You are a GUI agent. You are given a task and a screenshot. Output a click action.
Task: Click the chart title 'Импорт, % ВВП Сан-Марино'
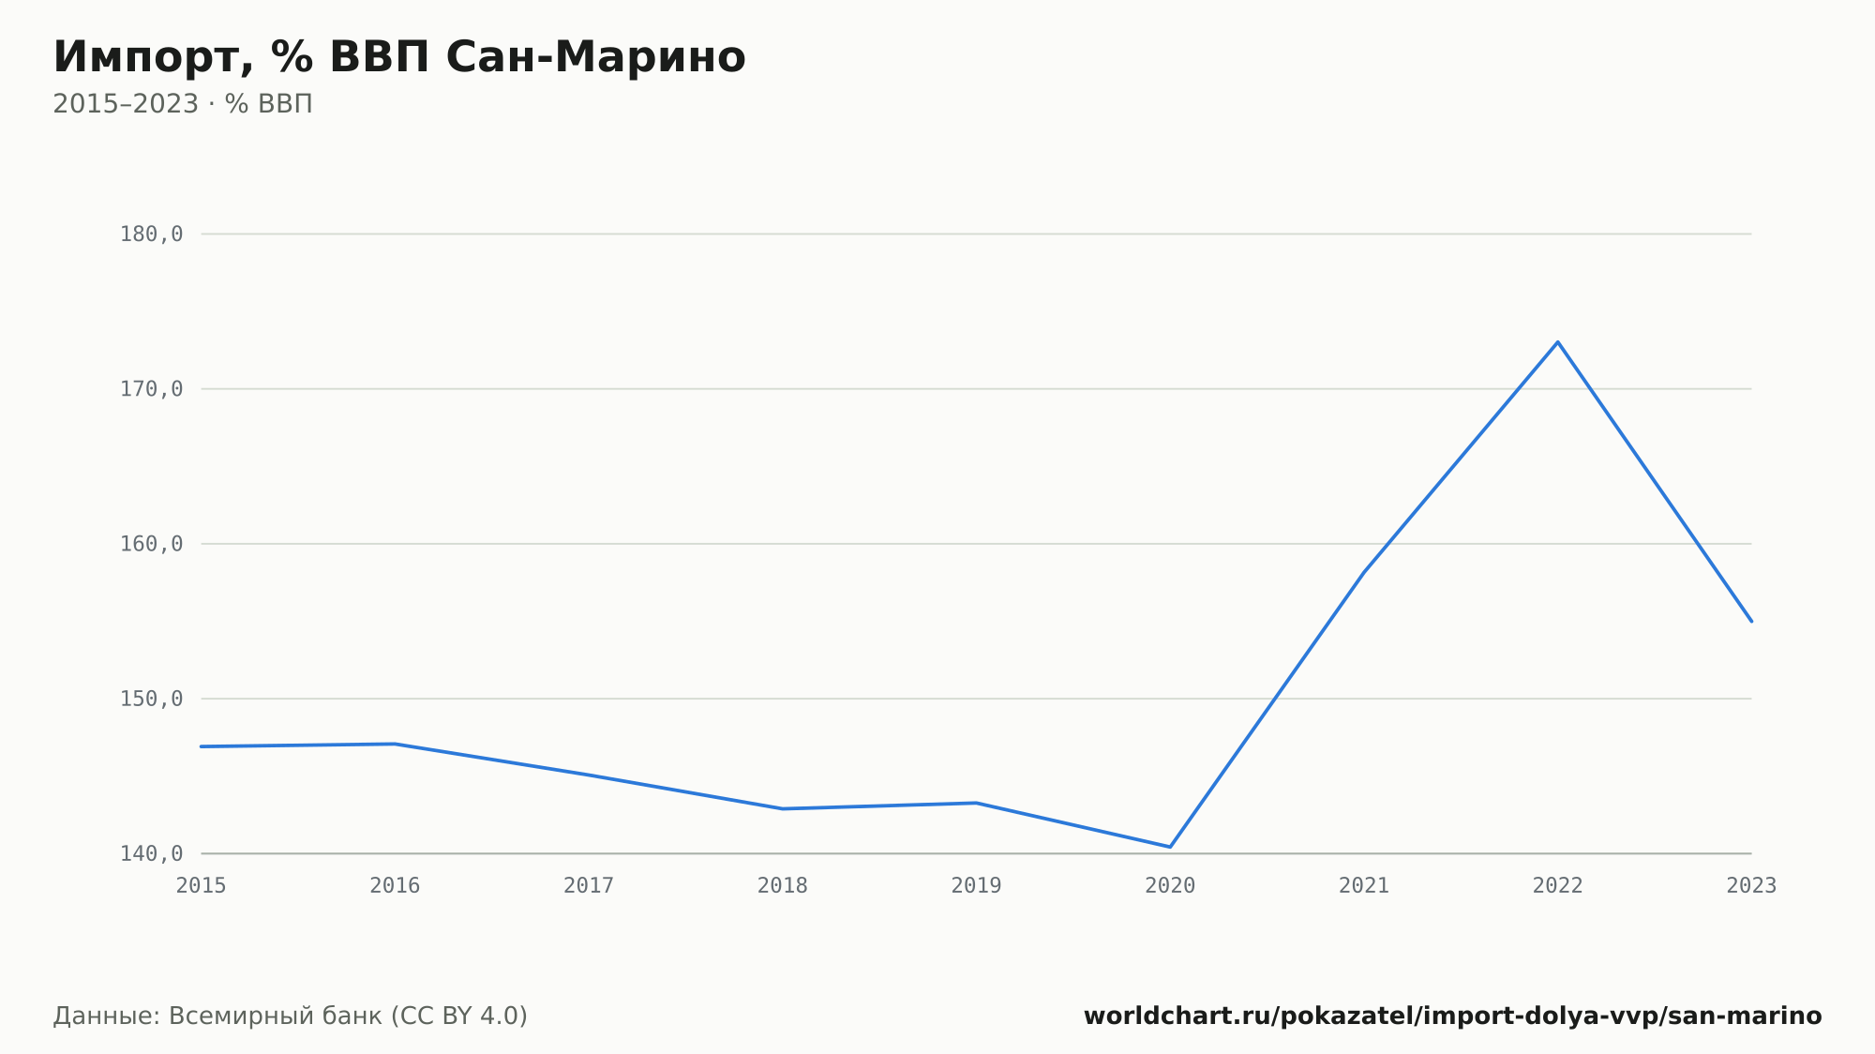[x=399, y=57]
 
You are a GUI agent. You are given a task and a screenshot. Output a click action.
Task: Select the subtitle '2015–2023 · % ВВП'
[x=183, y=104]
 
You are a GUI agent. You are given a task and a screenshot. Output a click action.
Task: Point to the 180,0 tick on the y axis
[x=151, y=234]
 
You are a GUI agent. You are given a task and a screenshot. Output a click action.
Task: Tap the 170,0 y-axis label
[x=151, y=389]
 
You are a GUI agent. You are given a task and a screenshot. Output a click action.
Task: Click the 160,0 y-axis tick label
[x=151, y=544]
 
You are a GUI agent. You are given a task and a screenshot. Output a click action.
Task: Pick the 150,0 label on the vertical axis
[x=151, y=699]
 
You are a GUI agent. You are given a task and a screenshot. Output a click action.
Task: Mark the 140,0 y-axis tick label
[x=151, y=853]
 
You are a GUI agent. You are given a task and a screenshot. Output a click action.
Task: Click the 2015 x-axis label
[x=202, y=885]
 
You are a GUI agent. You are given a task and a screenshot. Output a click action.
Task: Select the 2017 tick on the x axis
[x=589, y=885]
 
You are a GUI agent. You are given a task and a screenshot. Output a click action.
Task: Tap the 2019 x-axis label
[x=977, y=885]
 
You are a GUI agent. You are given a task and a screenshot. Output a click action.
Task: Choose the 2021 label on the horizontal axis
[x=1364, y=885]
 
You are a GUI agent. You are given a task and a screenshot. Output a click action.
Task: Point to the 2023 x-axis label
[x=1751, y=885]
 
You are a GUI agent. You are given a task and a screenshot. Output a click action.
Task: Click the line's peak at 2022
[x=1558, y=342]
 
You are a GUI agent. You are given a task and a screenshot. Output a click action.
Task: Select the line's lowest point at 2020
[x=1170, y=847]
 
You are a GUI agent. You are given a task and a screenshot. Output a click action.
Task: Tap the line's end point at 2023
[x=1751, y=621]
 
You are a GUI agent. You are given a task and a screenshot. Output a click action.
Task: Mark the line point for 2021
[x=1364, y=571]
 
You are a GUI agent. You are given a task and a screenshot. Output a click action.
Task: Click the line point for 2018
[x=783, y=808]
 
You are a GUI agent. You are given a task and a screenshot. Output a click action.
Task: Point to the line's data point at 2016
[x=396, y=744]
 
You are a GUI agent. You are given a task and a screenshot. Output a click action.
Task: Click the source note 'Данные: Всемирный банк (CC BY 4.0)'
[x=291, y=1016]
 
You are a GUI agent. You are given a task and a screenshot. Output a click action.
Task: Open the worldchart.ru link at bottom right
[x=1453, y=1016]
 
